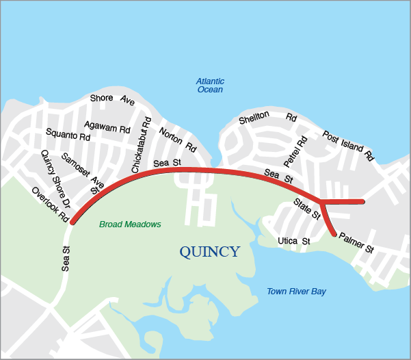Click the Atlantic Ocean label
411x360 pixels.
tap(210, 86)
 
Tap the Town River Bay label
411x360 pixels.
tap(296, 292)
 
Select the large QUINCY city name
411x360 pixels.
tap(210, 252)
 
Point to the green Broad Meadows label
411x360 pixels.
tap(130, 224)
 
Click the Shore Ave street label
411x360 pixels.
tap(112, 99)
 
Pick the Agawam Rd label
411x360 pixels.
tap(107, 127)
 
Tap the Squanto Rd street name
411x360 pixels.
tap(68, 133)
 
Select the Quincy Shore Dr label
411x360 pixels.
tap(55, 179)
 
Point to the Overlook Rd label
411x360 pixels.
tap(50, 203)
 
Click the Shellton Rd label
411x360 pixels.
tap(267, 119)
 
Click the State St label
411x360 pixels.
tap(307, 208)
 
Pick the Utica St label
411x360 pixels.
tap(294, 242)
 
